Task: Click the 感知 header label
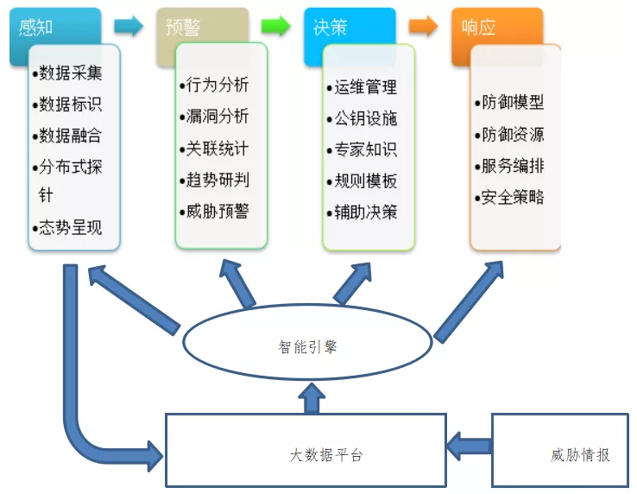[x=35, y=28]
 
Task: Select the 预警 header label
[x=183, y=28]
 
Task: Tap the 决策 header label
[x=331, y=28]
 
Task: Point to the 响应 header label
[x=478, y=28]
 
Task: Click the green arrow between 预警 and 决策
[x=276, y=27]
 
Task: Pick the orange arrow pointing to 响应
[x=423, y=27]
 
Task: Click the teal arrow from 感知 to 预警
[x=129, y=27]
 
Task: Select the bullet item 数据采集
[x=67, y=73]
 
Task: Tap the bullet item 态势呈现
[x=67, y=228]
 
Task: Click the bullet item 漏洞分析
[x=214, y=117]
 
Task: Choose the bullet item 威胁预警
[x=214, y=212]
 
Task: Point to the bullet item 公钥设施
[x=362, y=118]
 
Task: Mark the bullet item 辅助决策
[x=362, y=212]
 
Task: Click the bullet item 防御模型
[x=509, y=102]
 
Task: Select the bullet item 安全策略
[x=509, y=198]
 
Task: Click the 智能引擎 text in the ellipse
[x=307, y=347]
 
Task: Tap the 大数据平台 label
[x=325, y=455]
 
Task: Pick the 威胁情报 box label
[x=580, y=455]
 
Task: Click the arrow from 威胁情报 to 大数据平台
[x=470, y=446]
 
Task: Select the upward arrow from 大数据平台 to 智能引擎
[x=312, y=398]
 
